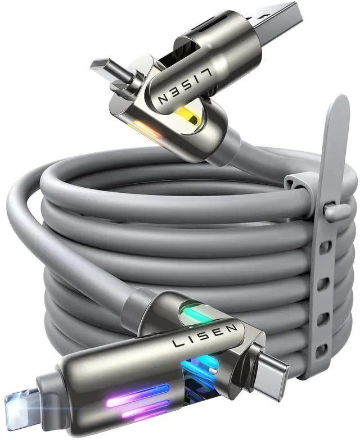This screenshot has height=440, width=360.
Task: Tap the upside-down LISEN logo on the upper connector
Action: pyautogui.click(x=184, y=88)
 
